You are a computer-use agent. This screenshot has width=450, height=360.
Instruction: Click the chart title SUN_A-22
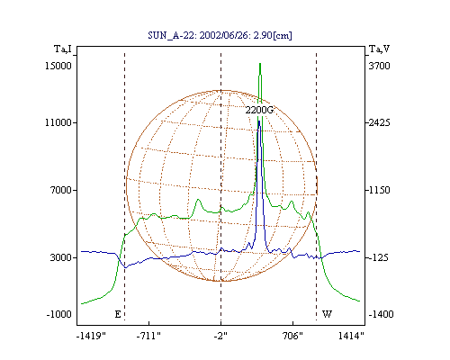172,35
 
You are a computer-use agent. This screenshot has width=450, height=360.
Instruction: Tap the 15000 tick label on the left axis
58,66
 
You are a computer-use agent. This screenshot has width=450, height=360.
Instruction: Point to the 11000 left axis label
58,122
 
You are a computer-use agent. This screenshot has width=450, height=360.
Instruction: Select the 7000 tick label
61,190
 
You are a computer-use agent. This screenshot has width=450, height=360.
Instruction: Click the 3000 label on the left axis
61,257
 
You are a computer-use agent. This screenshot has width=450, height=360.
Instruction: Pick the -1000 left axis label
58,314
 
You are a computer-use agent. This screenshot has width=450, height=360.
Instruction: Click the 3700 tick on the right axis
379,66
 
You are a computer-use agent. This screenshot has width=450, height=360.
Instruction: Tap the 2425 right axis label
379,122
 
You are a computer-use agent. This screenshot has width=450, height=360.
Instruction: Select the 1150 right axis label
379,190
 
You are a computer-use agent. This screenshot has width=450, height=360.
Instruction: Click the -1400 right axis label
381,314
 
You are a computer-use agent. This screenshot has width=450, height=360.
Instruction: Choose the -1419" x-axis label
91,336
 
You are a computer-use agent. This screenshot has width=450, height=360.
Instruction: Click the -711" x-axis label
148,336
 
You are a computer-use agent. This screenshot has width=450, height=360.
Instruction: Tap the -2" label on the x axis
220,336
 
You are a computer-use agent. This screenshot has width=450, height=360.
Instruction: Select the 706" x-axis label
292,336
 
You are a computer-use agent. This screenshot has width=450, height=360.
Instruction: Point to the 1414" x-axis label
351,336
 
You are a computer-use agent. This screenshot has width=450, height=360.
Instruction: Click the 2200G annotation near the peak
259,110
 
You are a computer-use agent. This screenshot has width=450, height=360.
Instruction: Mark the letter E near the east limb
118,314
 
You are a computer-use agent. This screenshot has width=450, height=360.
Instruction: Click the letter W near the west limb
327,314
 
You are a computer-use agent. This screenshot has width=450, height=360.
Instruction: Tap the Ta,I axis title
63,49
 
